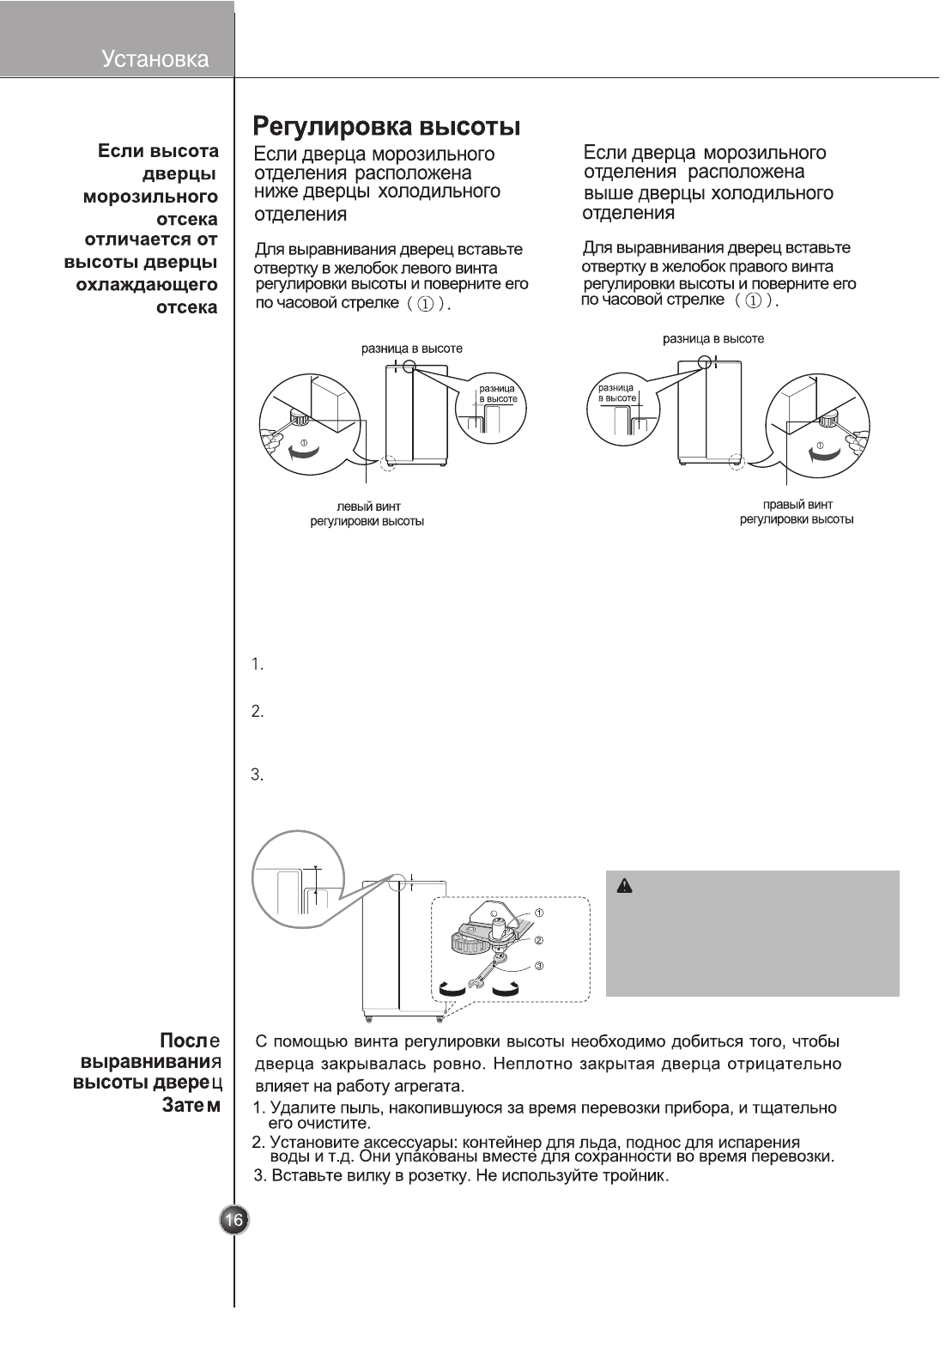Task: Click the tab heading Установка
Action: tap(155, 59)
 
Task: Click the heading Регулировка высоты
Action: tap(386, 128)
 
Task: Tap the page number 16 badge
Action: tap(233, 1220)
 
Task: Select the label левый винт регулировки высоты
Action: tap(367, 514)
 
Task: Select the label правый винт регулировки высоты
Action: tap(797, 512)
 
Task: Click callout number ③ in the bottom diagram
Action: tap(539, 966)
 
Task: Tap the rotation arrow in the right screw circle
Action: tap(820, 454)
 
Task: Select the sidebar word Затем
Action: tap(191, 1105)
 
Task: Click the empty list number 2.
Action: tap(257, 712)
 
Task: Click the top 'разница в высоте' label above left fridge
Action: tap(411, 349)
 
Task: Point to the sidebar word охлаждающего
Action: tap(147, 284)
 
